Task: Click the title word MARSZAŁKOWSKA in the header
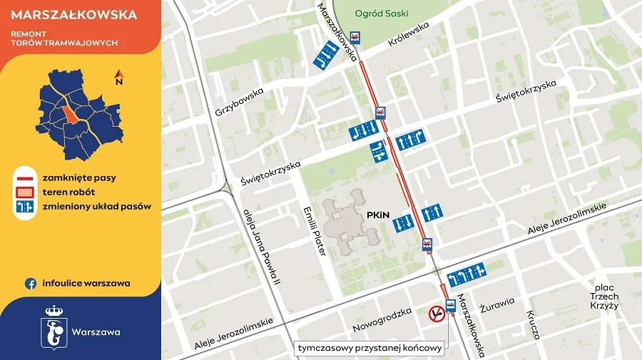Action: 65,14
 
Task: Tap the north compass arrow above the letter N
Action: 119,73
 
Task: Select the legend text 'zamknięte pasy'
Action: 79,177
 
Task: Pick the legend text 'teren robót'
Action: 68,192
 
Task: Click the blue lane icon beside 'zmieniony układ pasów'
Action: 26,207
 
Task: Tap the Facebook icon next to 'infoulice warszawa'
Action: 31,283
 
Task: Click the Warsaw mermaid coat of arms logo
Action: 55,329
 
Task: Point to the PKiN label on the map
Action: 377,214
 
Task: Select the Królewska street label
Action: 409,34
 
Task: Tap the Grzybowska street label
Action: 239,102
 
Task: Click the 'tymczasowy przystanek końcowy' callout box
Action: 371,349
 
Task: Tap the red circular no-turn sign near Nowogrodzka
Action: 436,314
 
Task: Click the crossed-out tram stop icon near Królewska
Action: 355,37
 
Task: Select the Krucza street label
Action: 534,324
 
